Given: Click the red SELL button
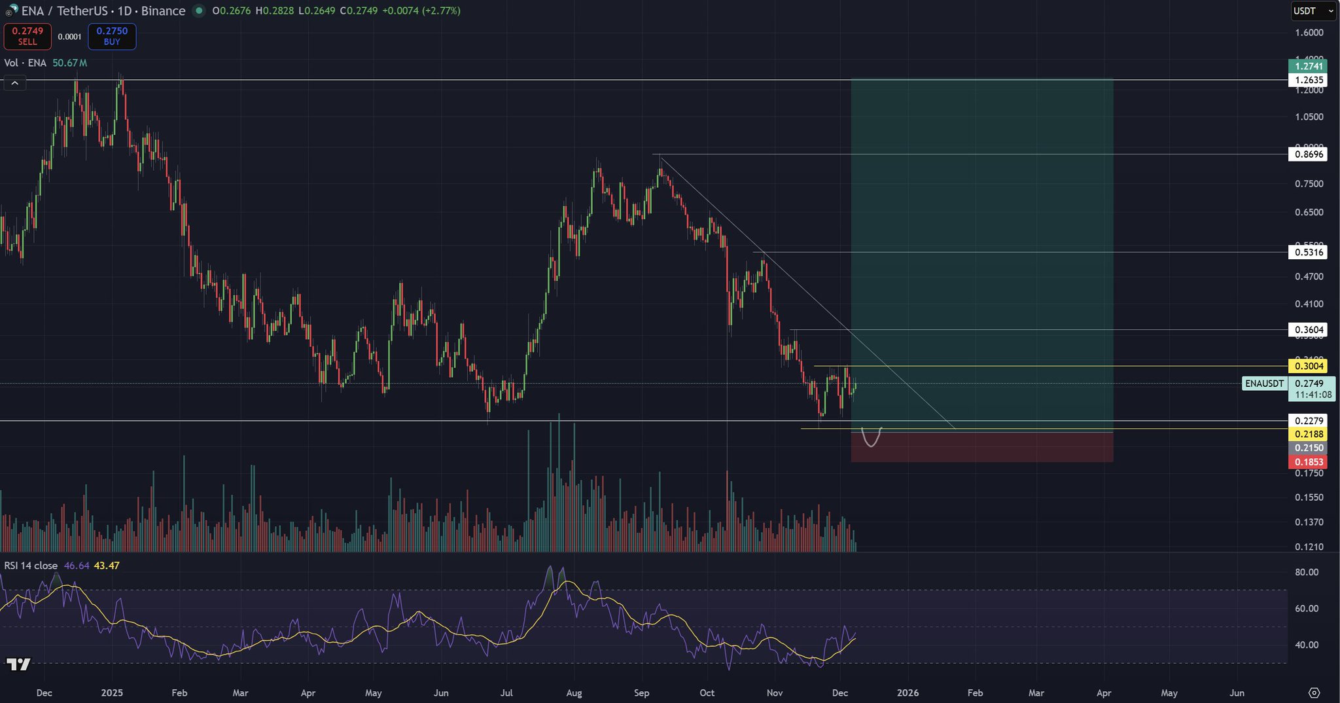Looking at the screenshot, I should (27, 37).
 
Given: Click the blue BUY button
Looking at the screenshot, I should (112, 37).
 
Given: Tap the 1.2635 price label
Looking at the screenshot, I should (1308, 80).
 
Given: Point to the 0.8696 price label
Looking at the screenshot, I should (1308, 154).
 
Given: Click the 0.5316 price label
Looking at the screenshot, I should (1308, 252).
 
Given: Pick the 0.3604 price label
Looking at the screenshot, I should (1308, 330).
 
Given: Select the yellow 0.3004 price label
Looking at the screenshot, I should (1308, 366).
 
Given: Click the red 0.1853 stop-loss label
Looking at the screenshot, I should (1308, 462).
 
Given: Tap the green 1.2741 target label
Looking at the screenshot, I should (1308, 66).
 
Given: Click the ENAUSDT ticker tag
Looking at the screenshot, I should (1264, 384).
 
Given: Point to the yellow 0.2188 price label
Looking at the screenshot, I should (1308, 434).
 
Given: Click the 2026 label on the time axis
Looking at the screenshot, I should (908, 693).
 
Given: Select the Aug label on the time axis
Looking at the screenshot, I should (574, 693).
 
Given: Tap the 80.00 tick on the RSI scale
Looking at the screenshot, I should (1307, 572).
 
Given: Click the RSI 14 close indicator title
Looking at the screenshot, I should (31, 566).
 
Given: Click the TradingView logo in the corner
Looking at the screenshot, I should (18, 664).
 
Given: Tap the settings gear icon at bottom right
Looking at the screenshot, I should (1314, 693).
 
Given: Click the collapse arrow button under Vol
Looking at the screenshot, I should (14, 82).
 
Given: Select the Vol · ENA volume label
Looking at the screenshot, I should (25, 63).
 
